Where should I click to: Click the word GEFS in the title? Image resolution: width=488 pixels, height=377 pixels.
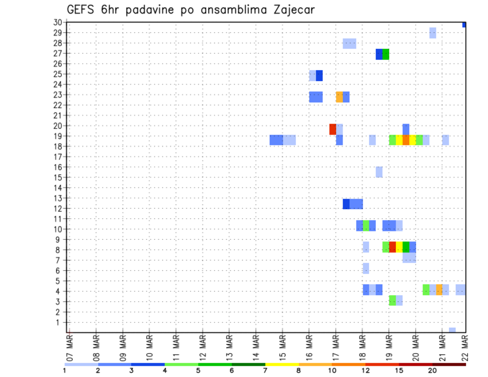82,10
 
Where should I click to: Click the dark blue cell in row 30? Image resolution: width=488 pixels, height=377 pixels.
464,24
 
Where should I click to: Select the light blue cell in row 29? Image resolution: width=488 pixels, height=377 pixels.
433,33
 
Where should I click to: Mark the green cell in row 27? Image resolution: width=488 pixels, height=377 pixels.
386,54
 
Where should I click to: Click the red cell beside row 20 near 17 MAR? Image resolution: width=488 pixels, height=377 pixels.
332,129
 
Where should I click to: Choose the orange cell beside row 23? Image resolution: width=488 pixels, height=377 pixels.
339,97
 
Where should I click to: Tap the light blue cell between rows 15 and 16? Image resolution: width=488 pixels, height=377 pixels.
379,172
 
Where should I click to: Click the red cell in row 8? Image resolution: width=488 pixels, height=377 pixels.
392,247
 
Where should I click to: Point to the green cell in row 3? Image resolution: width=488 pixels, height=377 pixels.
392,300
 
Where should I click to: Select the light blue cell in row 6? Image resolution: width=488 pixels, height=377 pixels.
366,268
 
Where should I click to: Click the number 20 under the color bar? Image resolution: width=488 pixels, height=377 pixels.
433,370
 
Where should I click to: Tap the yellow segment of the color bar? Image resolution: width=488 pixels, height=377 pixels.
282,364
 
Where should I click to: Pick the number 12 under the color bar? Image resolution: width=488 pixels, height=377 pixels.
365,370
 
